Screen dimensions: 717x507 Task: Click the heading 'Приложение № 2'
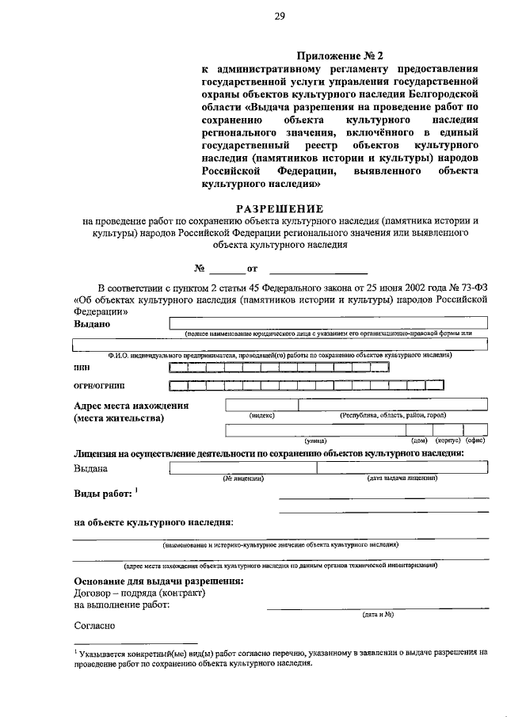click(339, 55)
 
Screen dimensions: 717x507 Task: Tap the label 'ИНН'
click(82, 368)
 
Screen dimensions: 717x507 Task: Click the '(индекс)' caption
click(262, 415)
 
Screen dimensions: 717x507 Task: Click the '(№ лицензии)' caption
click(242, 479)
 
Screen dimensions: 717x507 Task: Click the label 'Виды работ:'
click(104, 494)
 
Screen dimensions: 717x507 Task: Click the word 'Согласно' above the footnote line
click(95, 624)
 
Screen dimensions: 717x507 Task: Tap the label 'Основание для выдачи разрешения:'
click(158, 582)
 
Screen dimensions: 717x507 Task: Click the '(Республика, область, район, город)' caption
click(394, 415)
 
